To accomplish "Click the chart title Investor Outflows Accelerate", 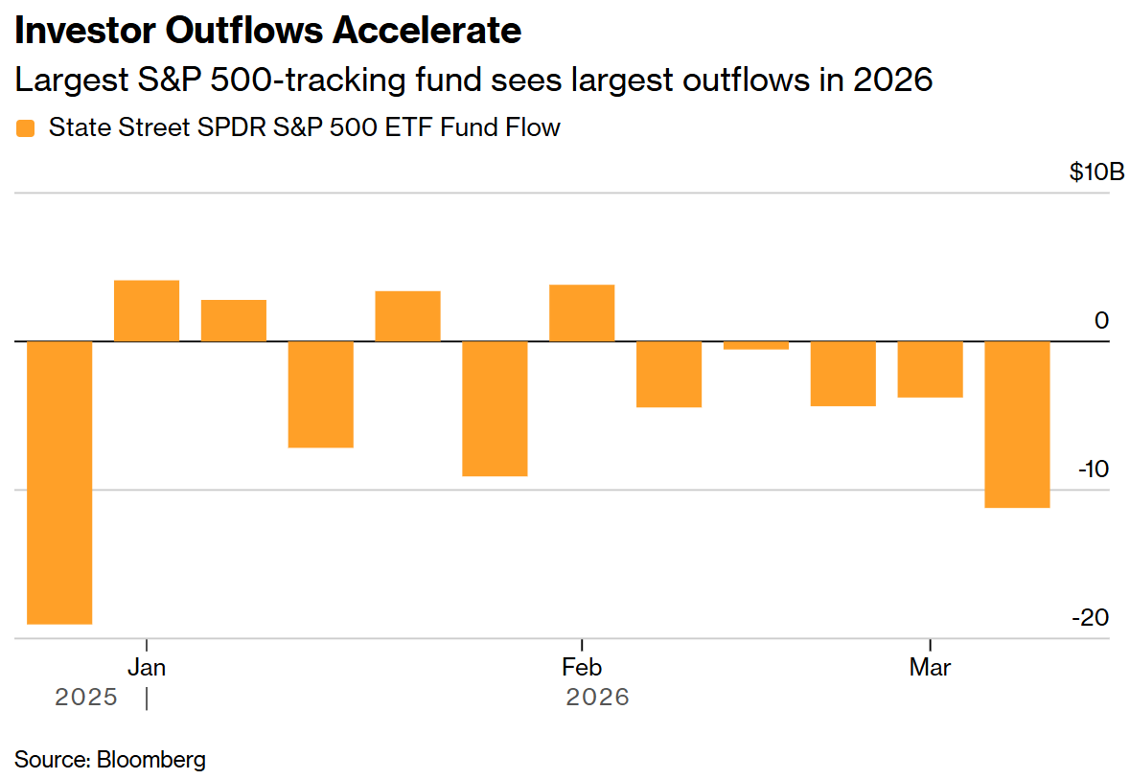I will [267, 31].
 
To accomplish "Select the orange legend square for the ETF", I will [26, 128].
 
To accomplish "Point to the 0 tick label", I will [1101, 321].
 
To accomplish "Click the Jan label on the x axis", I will [147, 667].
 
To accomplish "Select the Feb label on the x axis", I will [582, 667].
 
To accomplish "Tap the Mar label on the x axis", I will [930, 667].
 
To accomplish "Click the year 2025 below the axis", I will [86, 697].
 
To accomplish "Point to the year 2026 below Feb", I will [598, 697].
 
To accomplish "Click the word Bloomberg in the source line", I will [151, 760].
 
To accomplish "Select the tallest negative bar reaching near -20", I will [59, 482].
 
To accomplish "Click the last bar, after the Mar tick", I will [1017, 424].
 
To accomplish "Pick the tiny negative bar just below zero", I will [756, 345].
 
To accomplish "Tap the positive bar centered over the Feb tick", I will [582, 313].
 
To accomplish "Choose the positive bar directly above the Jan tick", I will [147, 310].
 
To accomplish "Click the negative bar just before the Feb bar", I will [495, 408].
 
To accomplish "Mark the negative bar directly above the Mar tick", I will [930, 369].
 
